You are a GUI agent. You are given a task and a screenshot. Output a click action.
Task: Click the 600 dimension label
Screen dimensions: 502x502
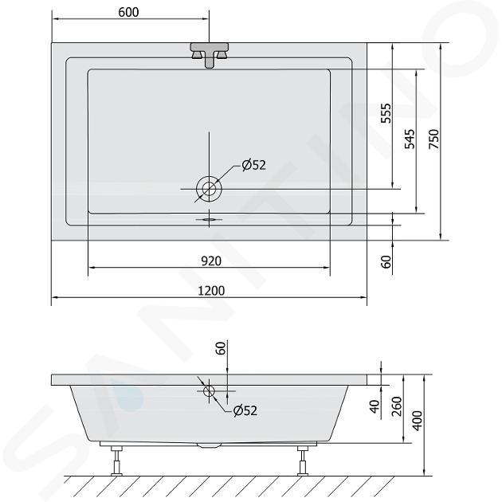pyautogui.click(x=128, y=13)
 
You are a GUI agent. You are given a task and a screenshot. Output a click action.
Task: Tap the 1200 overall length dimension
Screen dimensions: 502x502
pyautogui.click(x=211, y=291)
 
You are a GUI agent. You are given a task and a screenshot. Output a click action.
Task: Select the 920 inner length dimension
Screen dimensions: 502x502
pyautogui.click(x=211, y=261)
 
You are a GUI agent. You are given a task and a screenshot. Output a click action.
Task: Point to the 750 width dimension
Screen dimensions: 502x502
pyautogui.click(x=433, y=139)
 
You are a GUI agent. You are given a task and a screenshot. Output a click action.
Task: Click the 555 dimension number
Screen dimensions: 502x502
pyautogui.click(x=386, y=113)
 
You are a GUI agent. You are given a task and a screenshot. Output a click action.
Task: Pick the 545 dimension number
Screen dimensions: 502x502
pyautogui.click(x=410, y=139)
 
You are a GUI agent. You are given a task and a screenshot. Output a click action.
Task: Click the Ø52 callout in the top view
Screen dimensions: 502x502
pyautogui.click(x=254, y=165)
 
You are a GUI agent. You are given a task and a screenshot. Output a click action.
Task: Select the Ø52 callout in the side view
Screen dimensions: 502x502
pyautogui.click(x=245, y=410)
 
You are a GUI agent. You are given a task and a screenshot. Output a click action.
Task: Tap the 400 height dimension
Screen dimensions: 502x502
pyautogui.click(x=418, y=421)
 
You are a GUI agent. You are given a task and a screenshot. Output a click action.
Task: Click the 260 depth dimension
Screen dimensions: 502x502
pyautogui.click(x=397, y=406)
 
